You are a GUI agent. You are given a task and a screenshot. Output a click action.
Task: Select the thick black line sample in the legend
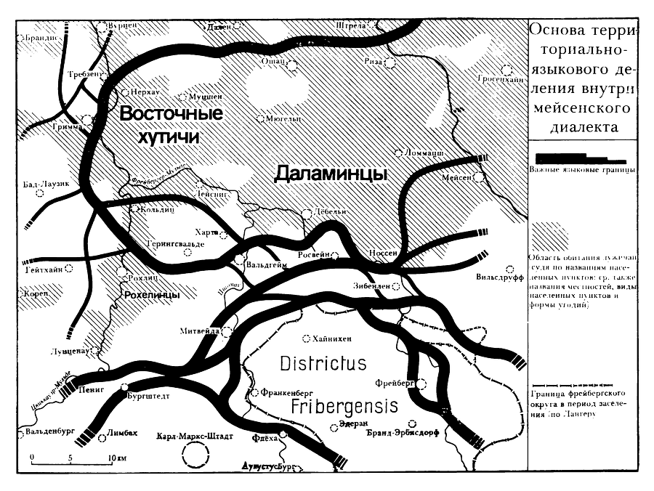579,158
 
